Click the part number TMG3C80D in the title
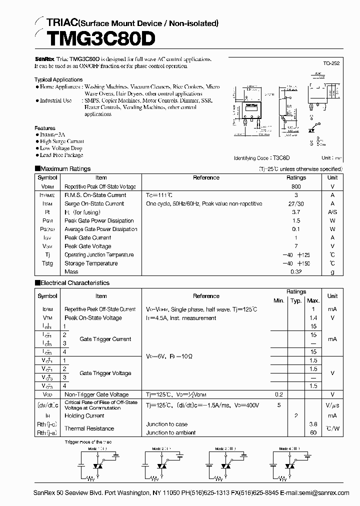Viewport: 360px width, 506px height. (93, 39)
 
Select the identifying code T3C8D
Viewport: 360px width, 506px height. (281, 158)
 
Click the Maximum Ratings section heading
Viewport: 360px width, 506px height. (65, 169)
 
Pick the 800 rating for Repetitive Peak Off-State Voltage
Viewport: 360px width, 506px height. (296, 186)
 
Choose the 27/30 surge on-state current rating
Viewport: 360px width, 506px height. (296, 203)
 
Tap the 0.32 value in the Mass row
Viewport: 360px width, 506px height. (296, 272)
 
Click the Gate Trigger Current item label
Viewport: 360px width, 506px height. (105, 339)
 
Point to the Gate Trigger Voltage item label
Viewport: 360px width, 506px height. (105, 373)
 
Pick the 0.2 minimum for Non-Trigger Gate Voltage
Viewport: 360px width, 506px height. (278, 394)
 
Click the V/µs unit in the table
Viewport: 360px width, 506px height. (332, 405)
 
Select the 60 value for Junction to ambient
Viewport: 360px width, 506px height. (313, 432)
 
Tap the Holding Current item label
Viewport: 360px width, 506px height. (84, 415)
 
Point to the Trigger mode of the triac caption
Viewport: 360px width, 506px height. (91, 442)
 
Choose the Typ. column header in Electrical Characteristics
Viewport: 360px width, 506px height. (296, 301)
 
